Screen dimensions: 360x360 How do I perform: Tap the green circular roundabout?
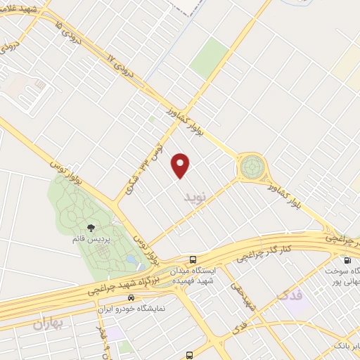[251, 167]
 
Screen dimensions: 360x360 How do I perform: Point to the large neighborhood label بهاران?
[49, 324]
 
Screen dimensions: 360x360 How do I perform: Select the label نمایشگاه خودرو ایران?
[131, 307]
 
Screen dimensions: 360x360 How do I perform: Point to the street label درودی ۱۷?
[119, 65]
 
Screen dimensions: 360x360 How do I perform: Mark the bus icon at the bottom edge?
[188, 355]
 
